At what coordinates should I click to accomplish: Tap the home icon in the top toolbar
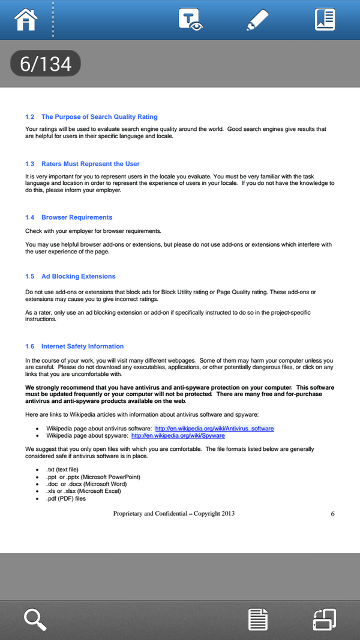(26, 20)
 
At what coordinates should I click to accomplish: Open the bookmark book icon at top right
(325, 20)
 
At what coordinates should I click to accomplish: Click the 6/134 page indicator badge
(46, 64)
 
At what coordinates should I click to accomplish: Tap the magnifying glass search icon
(35, 619)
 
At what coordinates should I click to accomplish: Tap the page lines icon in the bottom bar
(258, 619)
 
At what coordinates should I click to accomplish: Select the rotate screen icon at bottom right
(324, 619)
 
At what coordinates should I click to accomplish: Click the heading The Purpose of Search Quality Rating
(99, 116)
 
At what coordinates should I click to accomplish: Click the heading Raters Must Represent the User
(90, 163)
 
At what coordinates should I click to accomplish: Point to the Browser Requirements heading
(76, 217)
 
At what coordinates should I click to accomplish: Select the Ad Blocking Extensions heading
(78, 276)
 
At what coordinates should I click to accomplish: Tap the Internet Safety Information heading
(82, 346)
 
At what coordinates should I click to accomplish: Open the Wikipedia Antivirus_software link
(214, 429)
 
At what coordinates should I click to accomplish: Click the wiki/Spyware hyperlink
(178, 436)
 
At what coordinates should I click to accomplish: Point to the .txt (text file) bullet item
(62, 469)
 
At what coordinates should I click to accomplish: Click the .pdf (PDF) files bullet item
(66, 498)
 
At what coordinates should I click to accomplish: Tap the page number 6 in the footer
(332, 513)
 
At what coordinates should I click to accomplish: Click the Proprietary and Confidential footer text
(173, 513)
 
